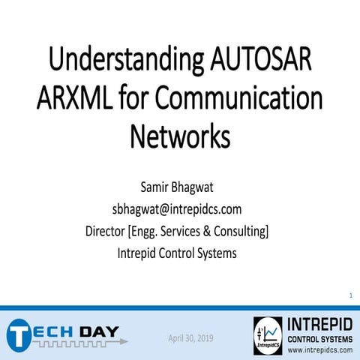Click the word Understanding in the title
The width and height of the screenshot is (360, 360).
pos(119,61)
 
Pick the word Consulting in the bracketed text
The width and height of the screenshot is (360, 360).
pos(240,231)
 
